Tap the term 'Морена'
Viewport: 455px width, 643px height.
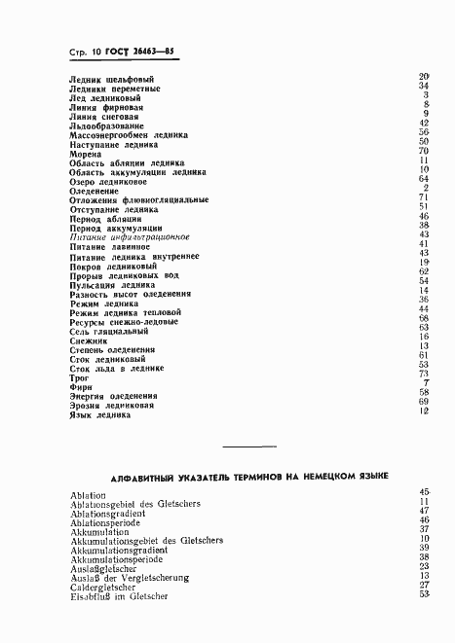pyautogui.click(x=86, y=154)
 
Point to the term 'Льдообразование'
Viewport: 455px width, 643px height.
pyautogui.click(x=107, y=125)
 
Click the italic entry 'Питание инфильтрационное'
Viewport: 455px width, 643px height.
pyautogui.click(x=131, y=236)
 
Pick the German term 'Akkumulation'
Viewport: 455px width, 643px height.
pyautogui.click(x=99, y=532)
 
